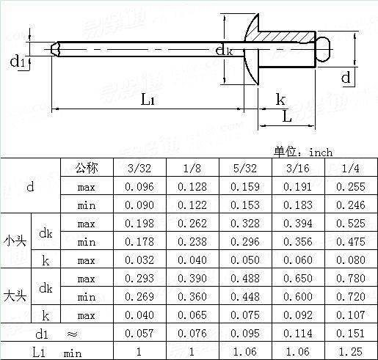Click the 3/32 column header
139,169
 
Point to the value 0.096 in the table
139,187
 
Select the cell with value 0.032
139,260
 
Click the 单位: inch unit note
303,152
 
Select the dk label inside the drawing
224,50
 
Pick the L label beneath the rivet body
287,116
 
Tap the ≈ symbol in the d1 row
72,334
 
